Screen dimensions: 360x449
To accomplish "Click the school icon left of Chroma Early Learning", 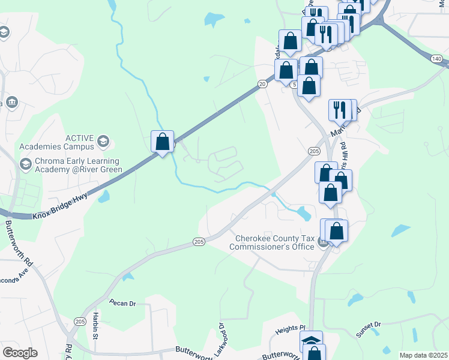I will (x=25, y=164).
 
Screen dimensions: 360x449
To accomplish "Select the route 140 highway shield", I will (x=436, y=58).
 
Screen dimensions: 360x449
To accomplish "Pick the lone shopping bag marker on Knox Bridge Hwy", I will (x=162, y=142).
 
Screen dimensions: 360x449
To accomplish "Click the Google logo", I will (x=20, y=352).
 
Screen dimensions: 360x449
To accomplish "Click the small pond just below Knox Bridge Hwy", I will (x=104, y=196).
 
